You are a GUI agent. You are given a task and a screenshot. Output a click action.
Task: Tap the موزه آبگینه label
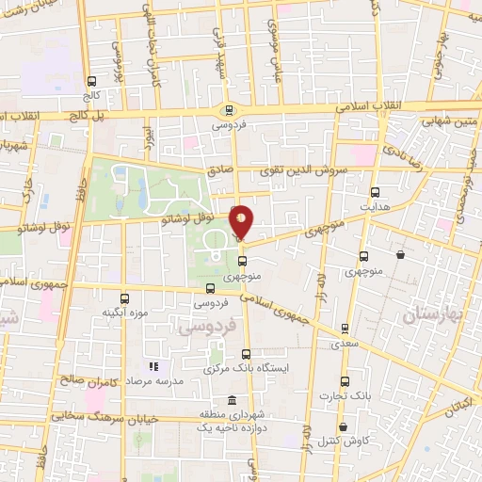(x=122, y=311)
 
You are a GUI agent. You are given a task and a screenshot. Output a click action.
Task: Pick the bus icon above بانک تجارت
(x=345, y=381)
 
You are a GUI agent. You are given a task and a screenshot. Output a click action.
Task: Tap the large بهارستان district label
(x=432, y=316)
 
